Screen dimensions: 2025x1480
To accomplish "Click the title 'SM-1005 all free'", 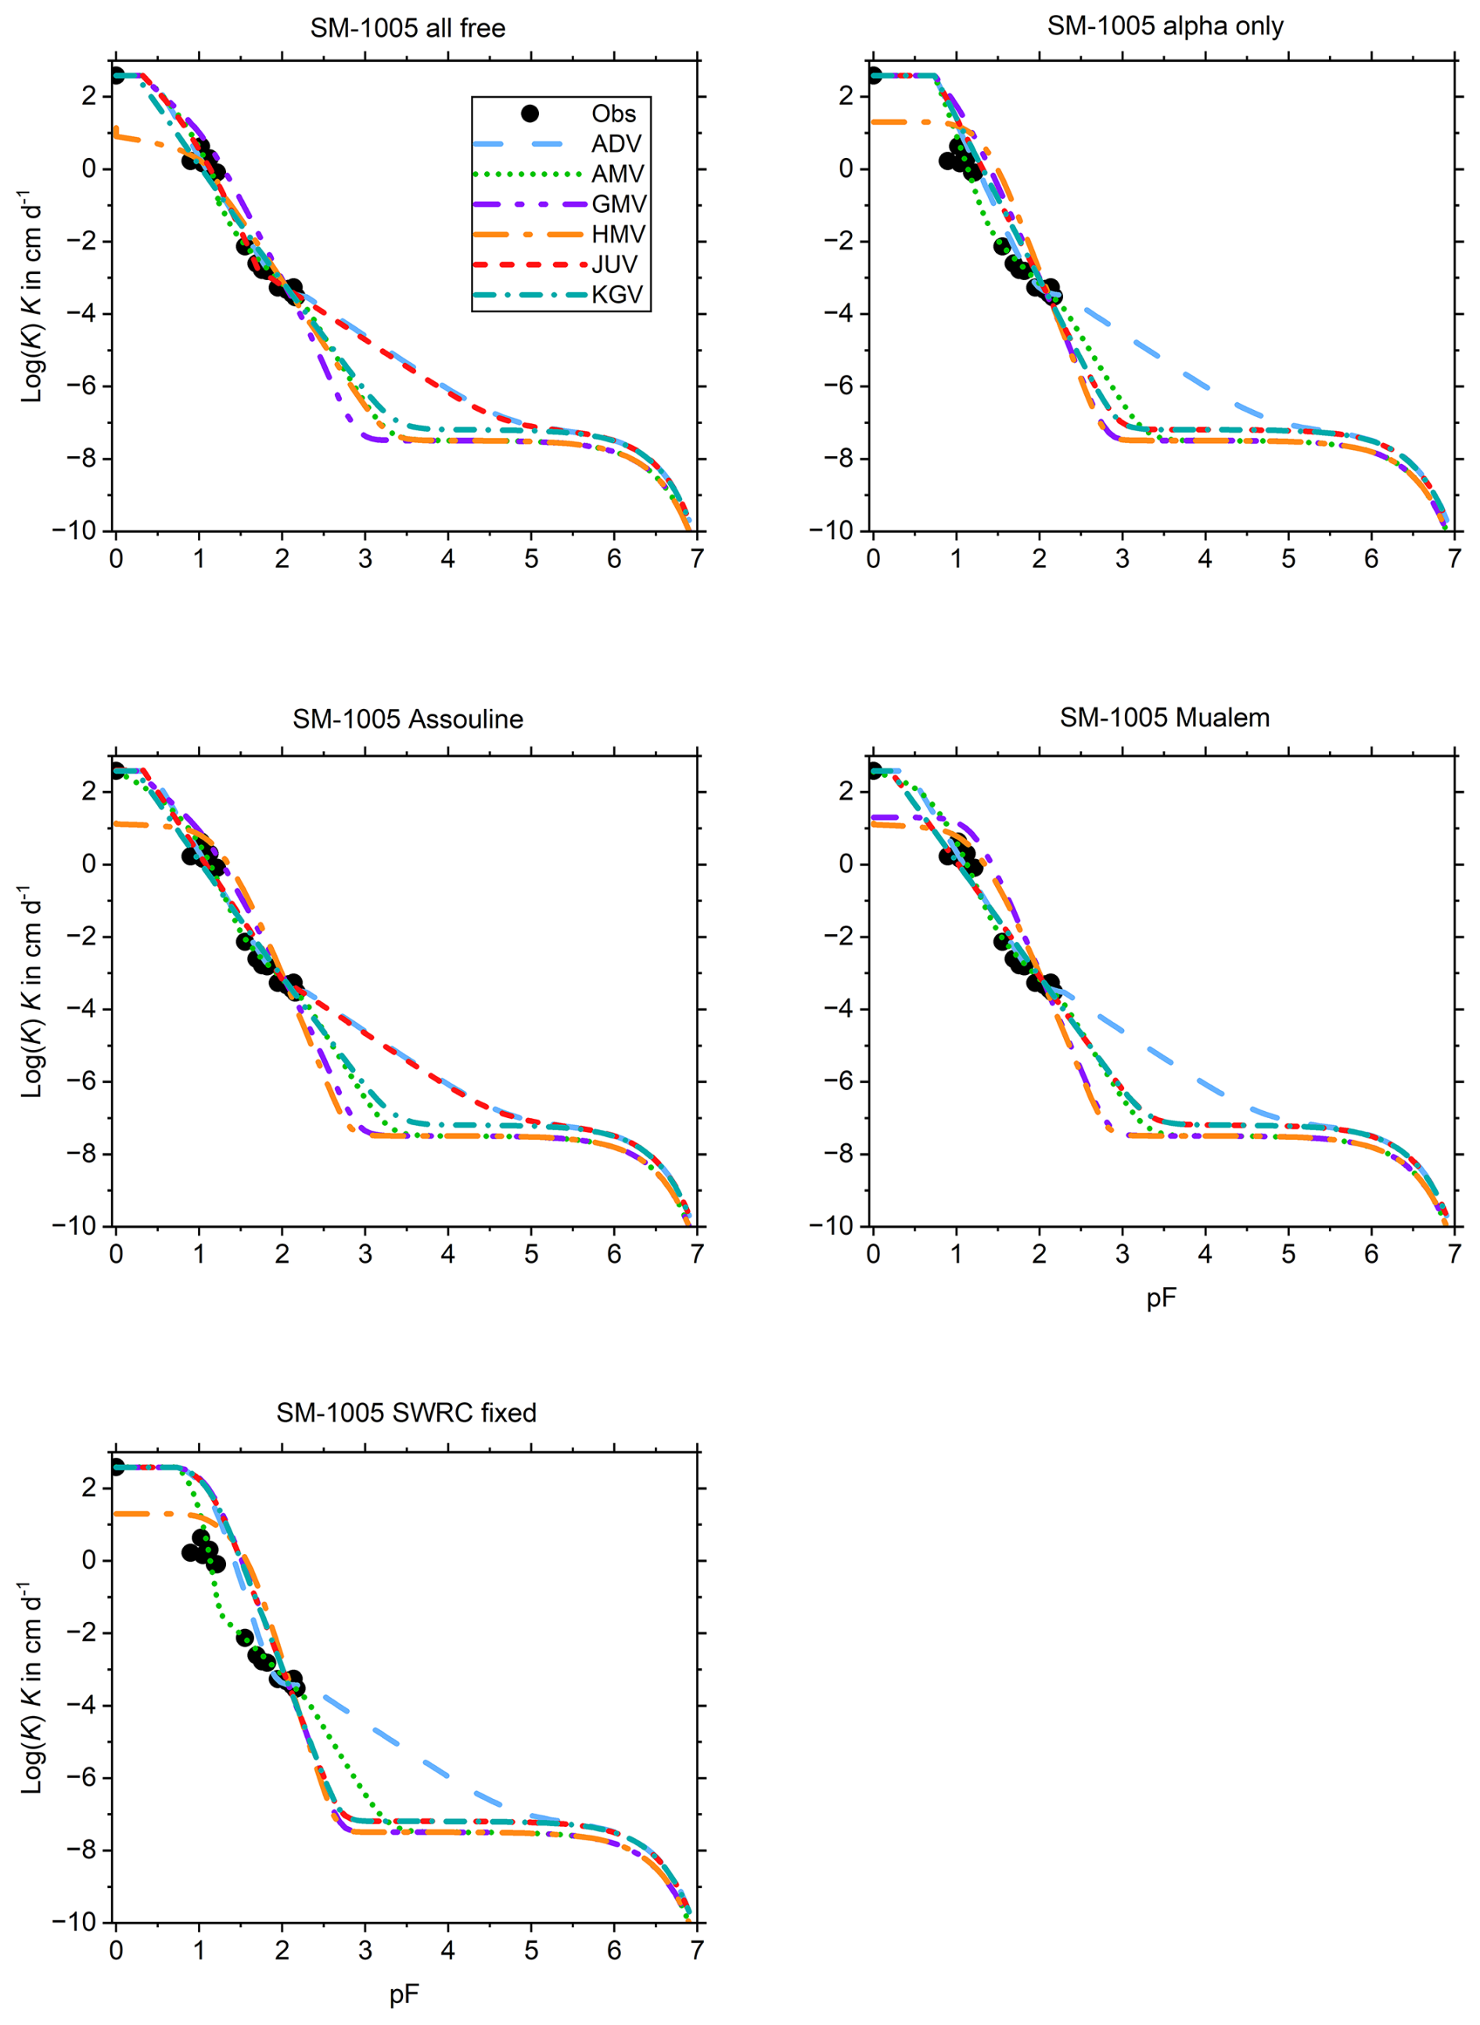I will tap(408, 29).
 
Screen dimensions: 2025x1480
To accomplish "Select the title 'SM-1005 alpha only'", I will tap(1165, 26).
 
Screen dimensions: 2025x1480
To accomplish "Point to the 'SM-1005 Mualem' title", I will tap(1165, 718).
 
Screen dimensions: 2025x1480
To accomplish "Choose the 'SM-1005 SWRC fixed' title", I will tap(406, 1413).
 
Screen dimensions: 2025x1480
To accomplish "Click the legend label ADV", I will tap(616, 144).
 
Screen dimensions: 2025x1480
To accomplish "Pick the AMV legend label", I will tap(617, 174).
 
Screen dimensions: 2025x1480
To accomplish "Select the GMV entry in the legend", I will tap(618, 204).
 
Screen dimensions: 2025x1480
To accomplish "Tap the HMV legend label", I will tap(618, 235).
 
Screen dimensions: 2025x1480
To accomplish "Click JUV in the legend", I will tap(615, 265).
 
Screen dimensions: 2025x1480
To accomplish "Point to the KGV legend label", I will tap(617, 295).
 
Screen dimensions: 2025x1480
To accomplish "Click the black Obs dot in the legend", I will tap(530, 113).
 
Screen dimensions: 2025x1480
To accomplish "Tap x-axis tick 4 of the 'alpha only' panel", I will tap(1205, 559).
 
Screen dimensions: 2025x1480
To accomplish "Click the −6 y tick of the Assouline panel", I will tap(82, 1081).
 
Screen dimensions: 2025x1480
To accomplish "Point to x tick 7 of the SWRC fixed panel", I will tap(696, 1950).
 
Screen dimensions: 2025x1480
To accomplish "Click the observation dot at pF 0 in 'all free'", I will tap(117, 75).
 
